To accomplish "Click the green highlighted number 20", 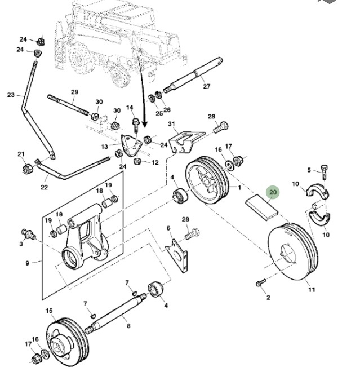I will pyautogui.click(x=273, y=193).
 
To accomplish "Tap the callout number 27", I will pyautogui.click(x=206, y=86).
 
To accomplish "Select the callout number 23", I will pyautogui.click(x=11, y=95).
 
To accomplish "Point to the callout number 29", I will pyautogui.click(x=74, y=92).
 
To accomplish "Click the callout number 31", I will pyautogui.click(x=172, y=124).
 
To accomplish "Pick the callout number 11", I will pyautogui.click(x=312, y=290).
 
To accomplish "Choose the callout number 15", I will pyautogui.click(x=49, y=311).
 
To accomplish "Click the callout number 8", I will pyautogui.click(x=128, y=325).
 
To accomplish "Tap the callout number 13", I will pyautogui.click(x=104, y=147).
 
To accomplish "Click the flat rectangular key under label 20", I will pyautogui.click(x=263, y=209).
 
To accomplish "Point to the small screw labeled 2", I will pyautogui.click(x=260, y=282).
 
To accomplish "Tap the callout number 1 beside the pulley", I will pyautogui.click(x=239, y=187).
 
